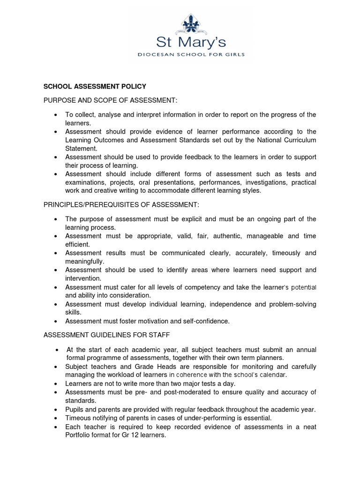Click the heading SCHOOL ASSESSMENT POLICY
[95, 86]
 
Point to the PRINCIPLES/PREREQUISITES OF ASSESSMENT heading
[121, 204]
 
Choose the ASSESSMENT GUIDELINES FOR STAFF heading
[107, 335]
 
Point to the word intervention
[82, 278]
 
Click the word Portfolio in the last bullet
[79, 435]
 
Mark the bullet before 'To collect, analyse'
[56, 115]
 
